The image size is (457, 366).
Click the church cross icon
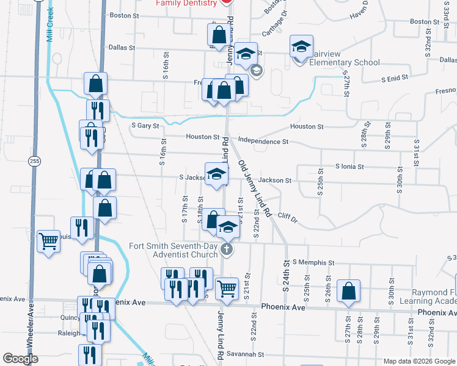click(x=227, y=249)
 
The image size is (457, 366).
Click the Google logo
click(x=20, y=359)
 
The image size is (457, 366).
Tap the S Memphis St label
click(x=313, y=262)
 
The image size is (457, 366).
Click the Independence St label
click(x=263, y=142)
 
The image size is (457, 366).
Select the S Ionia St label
click(x=349, y=166)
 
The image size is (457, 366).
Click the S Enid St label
click(x=394, y=79)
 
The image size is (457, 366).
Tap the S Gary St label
click(x=145, y=126)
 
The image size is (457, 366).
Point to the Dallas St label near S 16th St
click(x=121, y=47)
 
